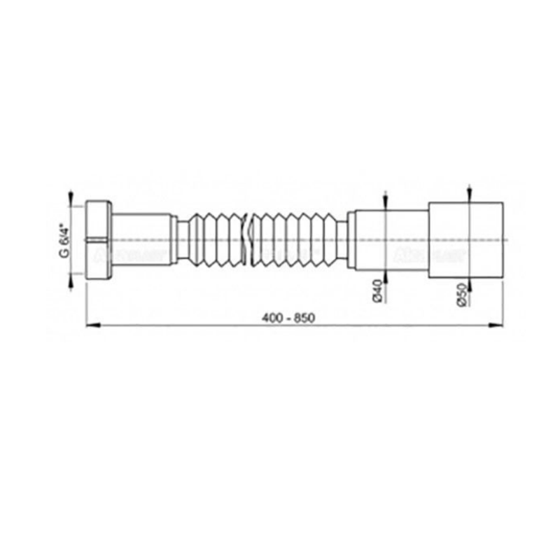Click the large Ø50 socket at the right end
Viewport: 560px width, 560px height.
465,239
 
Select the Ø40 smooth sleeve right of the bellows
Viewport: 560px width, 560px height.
388,239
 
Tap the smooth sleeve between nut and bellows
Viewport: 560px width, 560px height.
141,239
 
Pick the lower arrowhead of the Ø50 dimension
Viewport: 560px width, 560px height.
470,282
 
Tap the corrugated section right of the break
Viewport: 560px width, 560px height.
294,239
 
